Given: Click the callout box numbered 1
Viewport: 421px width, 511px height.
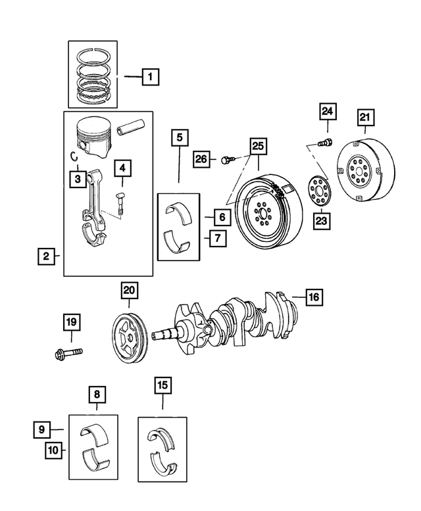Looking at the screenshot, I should click(149, 78).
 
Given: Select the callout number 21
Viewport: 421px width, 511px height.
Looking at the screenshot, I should click(365, 118).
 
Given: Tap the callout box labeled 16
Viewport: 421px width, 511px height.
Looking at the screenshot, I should click(313, 297).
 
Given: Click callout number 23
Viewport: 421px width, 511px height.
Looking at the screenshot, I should click(320, 221).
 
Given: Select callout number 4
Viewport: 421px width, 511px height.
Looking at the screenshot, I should click(122, 168).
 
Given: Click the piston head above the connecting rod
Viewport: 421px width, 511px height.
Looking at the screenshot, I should click(93, 136).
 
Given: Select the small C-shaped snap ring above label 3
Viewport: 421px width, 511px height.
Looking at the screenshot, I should click(75, 155).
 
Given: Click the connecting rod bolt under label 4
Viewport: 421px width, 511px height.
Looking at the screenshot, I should click(120, 201).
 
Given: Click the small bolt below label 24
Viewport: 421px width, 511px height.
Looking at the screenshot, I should click(324, 143).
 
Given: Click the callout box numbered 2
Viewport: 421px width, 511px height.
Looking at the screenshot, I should click(46, 256).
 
